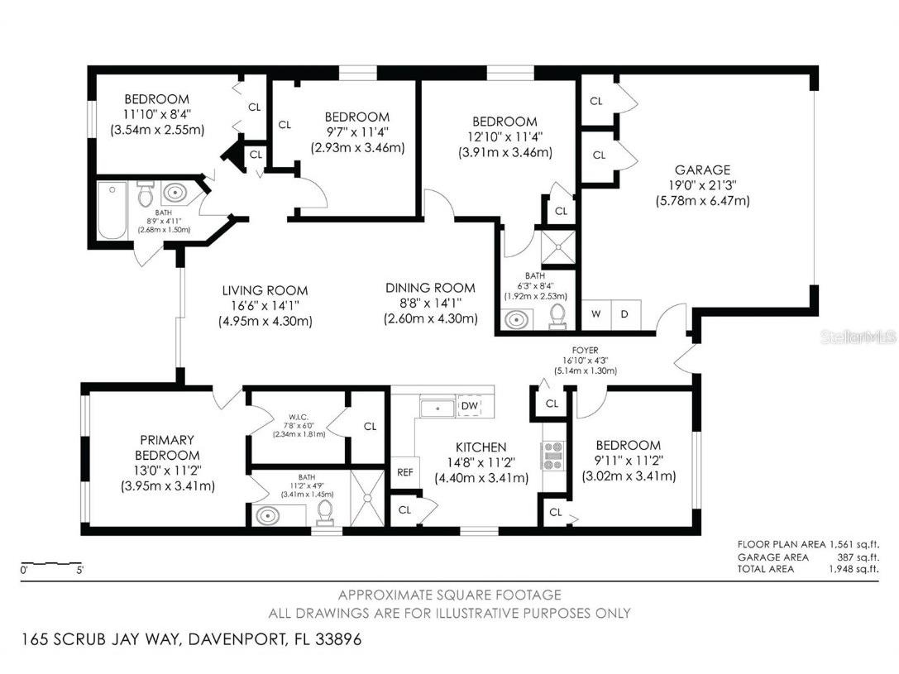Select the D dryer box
tap(625, 314)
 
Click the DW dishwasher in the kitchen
tap(469, 406)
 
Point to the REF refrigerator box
tap(404, 472)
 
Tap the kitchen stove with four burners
tap(552, 455)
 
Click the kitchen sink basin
tap(436, 408)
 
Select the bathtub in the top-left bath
tap(111, 211)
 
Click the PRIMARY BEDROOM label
tap(168, 447)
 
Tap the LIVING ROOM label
tap(265, 290)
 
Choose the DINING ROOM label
tap(430, 288)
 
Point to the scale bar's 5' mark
tap(79, 570)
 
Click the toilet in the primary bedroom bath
tap(325, 513)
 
